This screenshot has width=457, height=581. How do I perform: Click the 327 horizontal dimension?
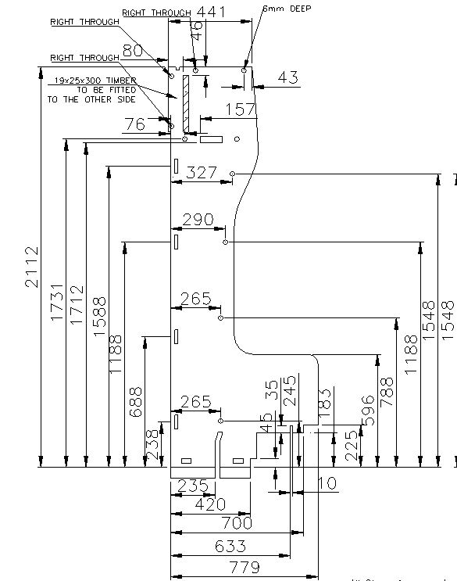tap(202, 174)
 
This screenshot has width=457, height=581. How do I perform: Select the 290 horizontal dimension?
tap(198, 221)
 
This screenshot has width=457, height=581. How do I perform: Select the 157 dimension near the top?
tap(241, 109)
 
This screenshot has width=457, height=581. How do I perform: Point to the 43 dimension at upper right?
tap(288, 77)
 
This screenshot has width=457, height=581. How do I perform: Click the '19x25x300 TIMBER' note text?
tap(96, 81)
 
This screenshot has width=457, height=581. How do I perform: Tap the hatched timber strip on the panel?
tap(186, 102)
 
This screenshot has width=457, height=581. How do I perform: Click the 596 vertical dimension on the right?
tap(369, 404)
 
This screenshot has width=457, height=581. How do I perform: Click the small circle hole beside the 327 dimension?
tap(233, 173)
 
